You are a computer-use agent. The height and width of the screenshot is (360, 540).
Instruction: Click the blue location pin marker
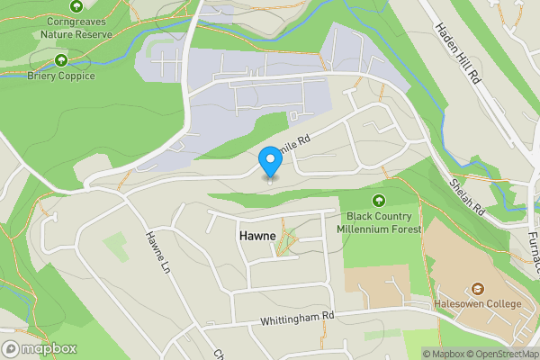click(270, 163)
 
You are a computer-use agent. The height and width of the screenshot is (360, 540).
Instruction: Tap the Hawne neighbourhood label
click(257, 234)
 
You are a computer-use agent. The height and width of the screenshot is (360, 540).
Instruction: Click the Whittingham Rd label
click(297, 317)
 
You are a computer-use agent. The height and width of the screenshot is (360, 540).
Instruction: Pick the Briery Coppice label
click(61, 76)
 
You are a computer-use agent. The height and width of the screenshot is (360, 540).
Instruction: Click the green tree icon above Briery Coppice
click(61, 60)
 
